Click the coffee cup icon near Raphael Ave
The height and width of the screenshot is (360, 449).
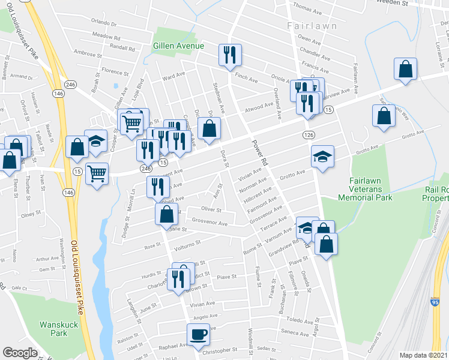(198, 334)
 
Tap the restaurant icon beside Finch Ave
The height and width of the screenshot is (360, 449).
(229, 55)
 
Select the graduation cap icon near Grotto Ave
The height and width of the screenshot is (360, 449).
(322, 157)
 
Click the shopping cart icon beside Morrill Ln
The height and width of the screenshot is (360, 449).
(97, 174)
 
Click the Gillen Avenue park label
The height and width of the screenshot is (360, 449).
(178, 46)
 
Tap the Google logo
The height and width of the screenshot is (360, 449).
(20, 353)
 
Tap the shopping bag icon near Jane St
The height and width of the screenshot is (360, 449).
(167, 214)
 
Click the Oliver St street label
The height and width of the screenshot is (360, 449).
(211, 211)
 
